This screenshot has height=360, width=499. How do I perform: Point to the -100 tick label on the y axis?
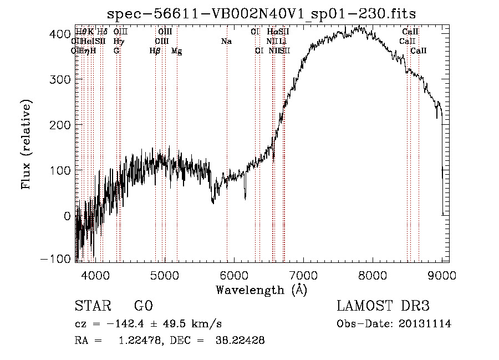pyautogui.click(x=56, y=259)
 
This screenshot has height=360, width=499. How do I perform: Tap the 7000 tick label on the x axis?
pyautogui.click(x=303, y=275)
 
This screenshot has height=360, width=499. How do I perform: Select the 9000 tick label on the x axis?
pyautogui.click(x=441, y=275)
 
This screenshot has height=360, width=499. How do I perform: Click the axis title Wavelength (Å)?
pyautogui.click(x=261, y=290)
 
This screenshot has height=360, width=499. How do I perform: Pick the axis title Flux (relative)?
pyautogui.click(x=27, y=144)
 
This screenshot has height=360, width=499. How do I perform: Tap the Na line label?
pyautogui.click(x=226, y=41)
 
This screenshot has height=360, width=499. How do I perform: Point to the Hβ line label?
pyautogui.click(x=155, y=50)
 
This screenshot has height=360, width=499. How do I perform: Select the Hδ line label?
pyautogui.click(x=102, y=32)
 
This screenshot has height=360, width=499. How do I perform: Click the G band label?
pyautogui.click(x=116, y=50)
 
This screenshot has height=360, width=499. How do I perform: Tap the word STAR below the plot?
pyautogui.click(x=92, y=307)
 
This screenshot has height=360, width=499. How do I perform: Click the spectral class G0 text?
pyautogui.click(x=144, y=307)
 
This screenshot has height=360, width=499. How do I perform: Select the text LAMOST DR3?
pyautogui.click(x=383, y=307)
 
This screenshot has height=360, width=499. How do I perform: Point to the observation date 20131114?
pyautogui.click(x=425, y=324)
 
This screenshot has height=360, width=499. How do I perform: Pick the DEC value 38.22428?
pyautogui.click(x=239, y=341)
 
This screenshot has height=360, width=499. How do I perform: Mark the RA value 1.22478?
pyautogui.click(x=136, y=341)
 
